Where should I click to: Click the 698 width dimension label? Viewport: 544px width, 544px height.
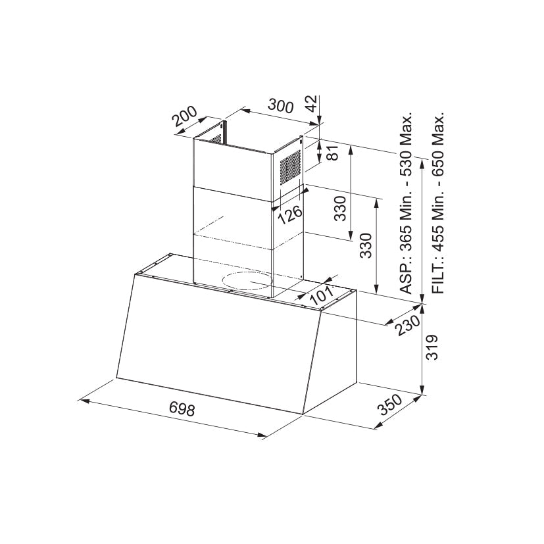[182, 408]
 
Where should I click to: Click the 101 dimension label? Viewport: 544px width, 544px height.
[321, 295]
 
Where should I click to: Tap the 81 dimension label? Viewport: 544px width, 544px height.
[332, 153]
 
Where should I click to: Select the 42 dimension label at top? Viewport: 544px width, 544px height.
[312, 103]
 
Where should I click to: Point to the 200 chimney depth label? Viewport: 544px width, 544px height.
[186, 118]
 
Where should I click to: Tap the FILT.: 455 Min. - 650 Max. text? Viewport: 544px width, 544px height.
[439, 204]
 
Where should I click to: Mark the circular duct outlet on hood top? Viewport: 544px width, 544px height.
[247, 282]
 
